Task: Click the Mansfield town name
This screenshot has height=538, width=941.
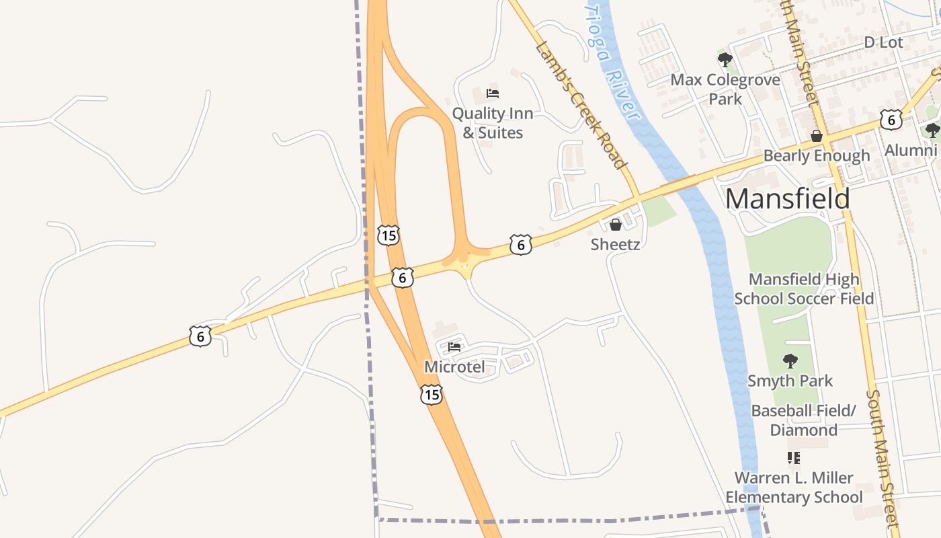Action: (x=787, y=199)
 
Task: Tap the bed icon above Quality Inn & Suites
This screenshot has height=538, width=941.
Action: (x=493, y=93)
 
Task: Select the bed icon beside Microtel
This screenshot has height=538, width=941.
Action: (x=454, y=348)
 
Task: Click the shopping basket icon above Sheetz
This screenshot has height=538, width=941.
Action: (x=615, y=225)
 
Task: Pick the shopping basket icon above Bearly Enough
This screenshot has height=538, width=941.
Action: (x=817, y=137)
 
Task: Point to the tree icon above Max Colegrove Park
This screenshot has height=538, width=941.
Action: (x=725, y=60)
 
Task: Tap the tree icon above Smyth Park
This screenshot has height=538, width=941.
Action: (x=790, y=361)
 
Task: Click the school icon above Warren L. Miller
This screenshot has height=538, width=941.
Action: (x=794, y=458)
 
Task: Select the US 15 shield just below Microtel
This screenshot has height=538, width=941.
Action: (x=432, y=395)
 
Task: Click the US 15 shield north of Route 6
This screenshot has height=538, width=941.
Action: (x=388, y=235)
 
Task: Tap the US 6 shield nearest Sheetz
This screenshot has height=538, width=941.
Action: (x=520, y=244)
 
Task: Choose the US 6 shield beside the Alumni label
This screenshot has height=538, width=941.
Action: (x=891, y=120)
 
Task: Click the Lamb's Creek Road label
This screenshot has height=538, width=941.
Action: (x=581, y=104)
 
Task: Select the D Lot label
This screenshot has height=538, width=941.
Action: (x=883, y=42)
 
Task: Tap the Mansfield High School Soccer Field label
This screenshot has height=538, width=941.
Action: (x=804, y=289)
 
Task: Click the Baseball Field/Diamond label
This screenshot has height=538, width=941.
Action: (x=803, y=420)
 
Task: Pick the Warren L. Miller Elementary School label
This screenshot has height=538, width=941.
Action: (x=794, y=488)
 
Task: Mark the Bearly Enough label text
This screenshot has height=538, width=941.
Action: (x=817, y=156)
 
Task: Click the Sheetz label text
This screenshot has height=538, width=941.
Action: (x=615, y=244)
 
